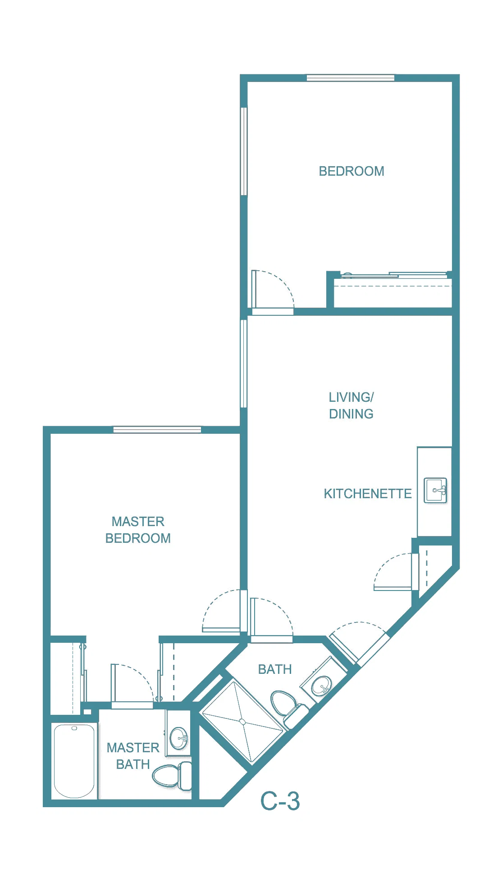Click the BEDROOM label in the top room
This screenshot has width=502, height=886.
(351, 171)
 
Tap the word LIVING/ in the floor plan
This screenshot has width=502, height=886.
(351, 397)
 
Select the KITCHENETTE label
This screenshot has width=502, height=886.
(368, 494)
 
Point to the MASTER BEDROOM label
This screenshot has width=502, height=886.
(138, 530)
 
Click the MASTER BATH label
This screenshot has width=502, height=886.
(133, 756)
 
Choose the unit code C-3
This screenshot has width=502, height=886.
(280, 801)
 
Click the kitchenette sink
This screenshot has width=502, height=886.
(435, 490)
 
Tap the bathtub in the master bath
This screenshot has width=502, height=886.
(74, 760)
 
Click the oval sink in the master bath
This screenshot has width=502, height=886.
(178, 738)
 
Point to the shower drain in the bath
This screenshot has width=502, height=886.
(242, 722)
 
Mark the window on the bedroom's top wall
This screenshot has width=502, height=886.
(351, 78)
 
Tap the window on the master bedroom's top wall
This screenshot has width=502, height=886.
(157, 429)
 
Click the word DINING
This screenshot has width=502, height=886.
(351, 414)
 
